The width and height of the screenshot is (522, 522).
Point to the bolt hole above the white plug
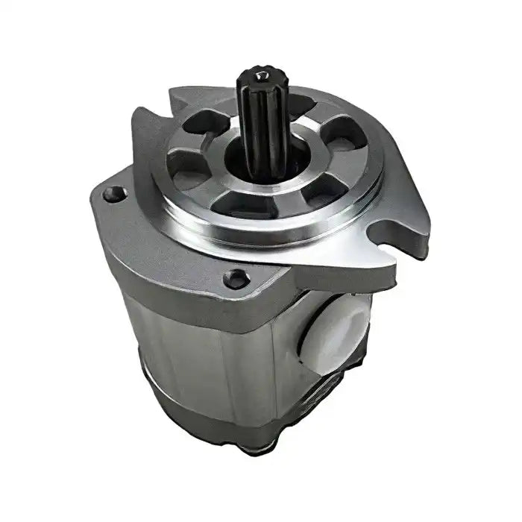(x=237, y=278)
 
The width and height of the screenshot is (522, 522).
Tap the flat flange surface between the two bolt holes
(x=172, y=239)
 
